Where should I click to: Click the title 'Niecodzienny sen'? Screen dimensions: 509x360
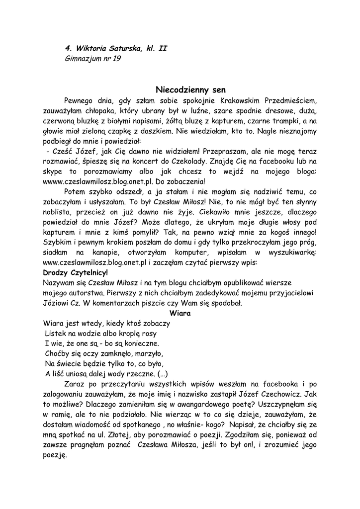(191, 90)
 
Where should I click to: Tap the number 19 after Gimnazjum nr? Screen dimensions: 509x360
(115, 59)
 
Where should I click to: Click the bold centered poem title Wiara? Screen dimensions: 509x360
(180, 313)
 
